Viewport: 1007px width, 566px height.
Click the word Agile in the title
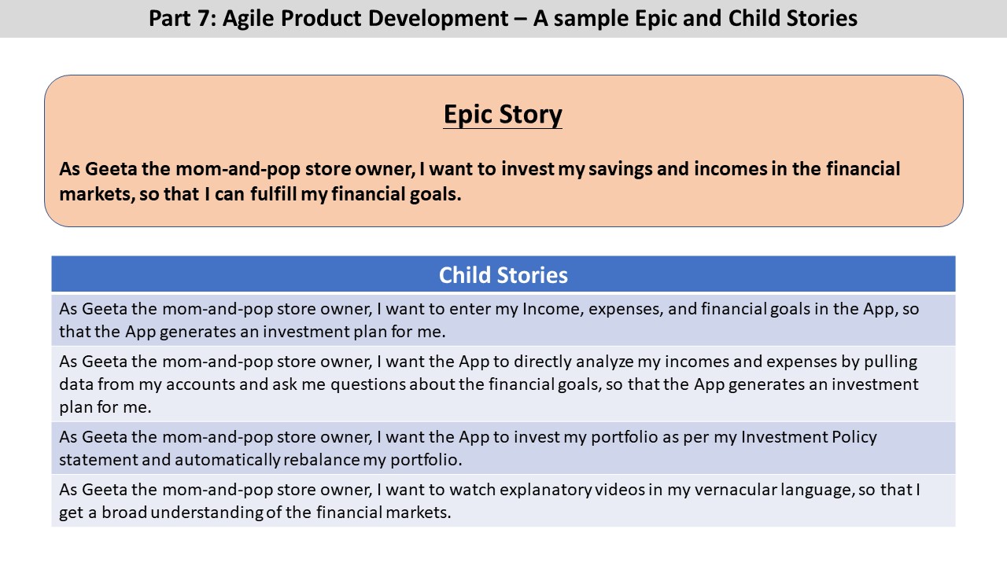click(x=248, y=19)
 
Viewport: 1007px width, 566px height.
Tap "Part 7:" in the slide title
click(x=182, y=19)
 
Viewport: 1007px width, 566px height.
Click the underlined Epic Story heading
click(x=503, y=115)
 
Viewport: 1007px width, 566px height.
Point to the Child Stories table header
click(x=503, y=274)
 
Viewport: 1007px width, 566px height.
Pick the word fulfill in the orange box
click(x=273, y=194)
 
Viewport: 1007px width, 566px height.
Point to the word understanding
click(x=207, y=513)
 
